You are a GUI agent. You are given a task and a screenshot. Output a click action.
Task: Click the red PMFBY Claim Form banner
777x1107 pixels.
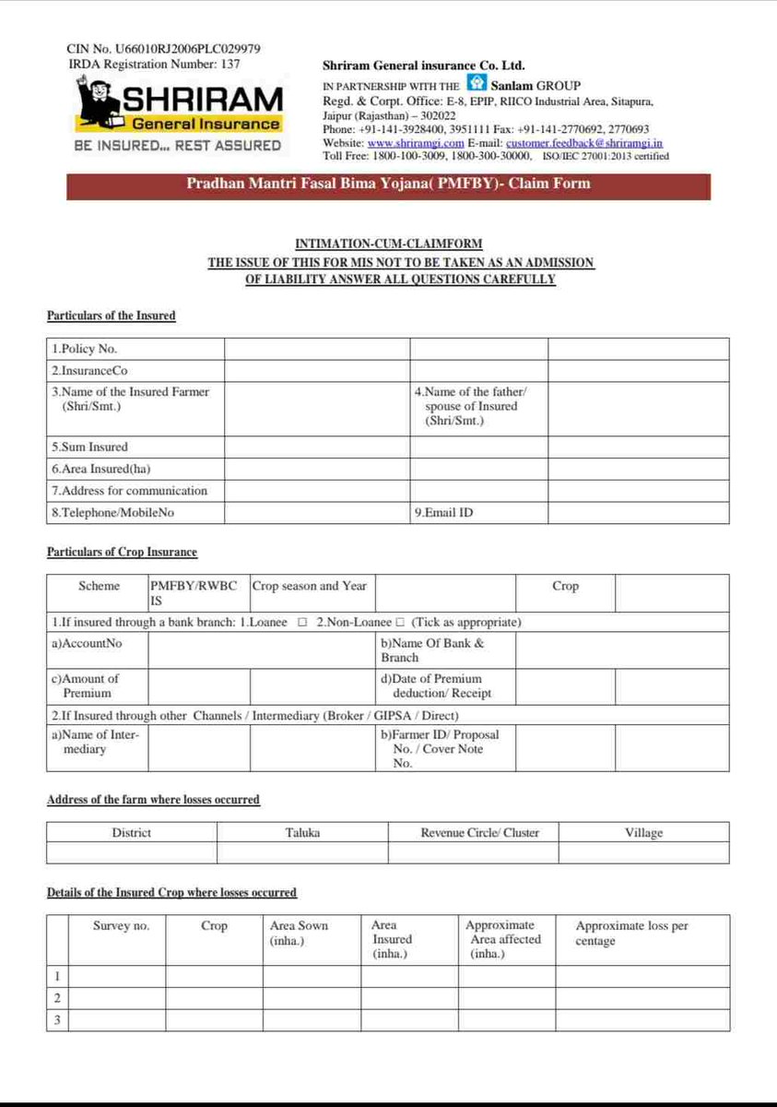[x=388, y=184]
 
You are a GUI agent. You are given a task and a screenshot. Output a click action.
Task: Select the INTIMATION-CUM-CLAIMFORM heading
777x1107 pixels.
[x=388, y=244]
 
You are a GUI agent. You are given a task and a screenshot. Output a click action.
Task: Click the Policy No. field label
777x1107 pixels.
[x=85, y=349]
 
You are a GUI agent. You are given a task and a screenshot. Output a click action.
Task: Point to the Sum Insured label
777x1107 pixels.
[x=89, y=446]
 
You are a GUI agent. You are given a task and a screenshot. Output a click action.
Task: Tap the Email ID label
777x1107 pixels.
[x=444, y=512]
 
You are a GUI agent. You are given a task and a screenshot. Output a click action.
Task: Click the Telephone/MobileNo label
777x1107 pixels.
[x=112, y=512]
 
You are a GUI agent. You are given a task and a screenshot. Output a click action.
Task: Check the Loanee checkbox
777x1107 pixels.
[x=302, y=623]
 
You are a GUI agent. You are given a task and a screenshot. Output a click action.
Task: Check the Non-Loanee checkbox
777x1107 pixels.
[x=400, y=623]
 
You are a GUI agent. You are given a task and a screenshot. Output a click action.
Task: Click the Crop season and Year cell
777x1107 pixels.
[x=310, y=586]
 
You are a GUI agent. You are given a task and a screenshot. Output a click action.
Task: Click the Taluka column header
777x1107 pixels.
[x=302, y=833]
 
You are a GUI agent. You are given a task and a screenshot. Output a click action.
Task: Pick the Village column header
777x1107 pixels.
[x=643, y=833]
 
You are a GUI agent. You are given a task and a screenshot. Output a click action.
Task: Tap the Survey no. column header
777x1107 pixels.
[x=121, y=925]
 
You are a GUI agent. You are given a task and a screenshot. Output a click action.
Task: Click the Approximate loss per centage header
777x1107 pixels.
[x=631, y=933]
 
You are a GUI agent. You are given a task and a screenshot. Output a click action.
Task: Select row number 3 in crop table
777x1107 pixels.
[x=57, y=1020]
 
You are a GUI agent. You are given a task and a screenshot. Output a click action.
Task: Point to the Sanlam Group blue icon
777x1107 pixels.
[x=475, y=85]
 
